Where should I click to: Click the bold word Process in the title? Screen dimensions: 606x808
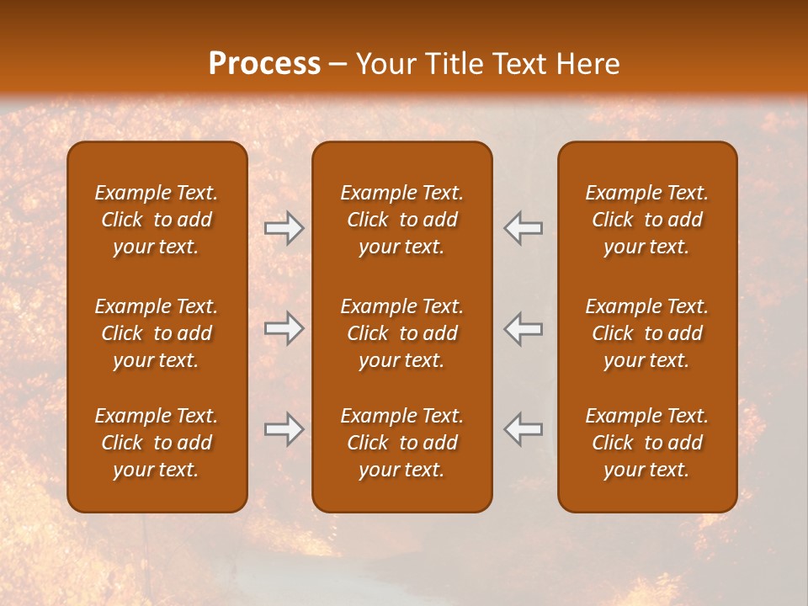click(x=264, y=64)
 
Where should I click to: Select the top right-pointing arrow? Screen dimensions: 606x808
click(x=284, y=228)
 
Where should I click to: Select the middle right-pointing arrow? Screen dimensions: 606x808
click(x=284, y=328)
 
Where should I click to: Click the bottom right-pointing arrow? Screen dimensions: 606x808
click(x=284, y=429)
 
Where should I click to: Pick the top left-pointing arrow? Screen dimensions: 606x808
click(x=523, y=228)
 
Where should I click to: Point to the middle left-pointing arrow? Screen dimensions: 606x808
click(x=523, y=328)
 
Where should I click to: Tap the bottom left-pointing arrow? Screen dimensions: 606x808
click(x=523, y=429)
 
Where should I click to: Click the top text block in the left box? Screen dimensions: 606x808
click(x=157, y=220)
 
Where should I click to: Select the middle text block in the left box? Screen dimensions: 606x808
click(x=157, y=333)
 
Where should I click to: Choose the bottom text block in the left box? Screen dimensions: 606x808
click(x=157, y=443)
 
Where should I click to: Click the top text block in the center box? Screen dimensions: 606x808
click(x=401, y=220)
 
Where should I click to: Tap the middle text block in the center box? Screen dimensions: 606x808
click(x=401, y=333)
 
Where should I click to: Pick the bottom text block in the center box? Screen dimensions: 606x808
click(x=401, y=443)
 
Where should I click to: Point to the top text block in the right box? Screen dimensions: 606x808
click(x=646, y=220)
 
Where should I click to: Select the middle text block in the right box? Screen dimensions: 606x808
click(x=646, y=333)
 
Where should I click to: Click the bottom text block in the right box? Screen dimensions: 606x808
click(x=646, y=443)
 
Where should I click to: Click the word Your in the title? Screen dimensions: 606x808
click(x=383, y=64)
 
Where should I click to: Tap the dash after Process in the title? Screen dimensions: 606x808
click(x=338, y=65)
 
